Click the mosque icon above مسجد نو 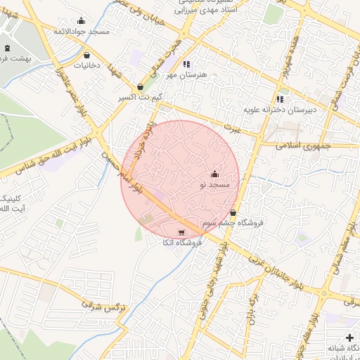click(x=214, y=174)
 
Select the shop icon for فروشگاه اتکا click(x=182, y=233)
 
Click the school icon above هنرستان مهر click(x=186, y=64)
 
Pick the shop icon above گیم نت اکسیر click(x=141, y=87)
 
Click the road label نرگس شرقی click(x=102, y=307)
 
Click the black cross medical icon click(x=350, y=338)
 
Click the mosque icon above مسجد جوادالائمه click(x=81, y=20)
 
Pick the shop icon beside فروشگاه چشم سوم click(x=233, y=212)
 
